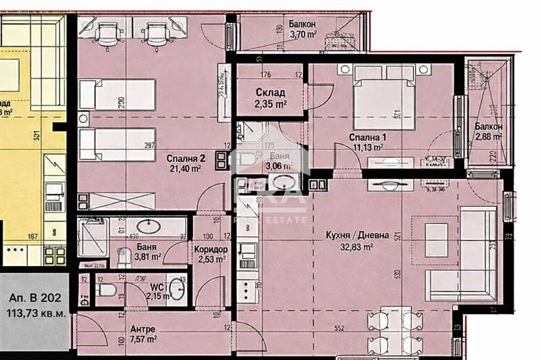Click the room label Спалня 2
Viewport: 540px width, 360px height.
(x=186, y=158)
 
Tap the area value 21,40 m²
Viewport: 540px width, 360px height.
(x=188, y=169)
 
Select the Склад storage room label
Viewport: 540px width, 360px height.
(x=270, y=93)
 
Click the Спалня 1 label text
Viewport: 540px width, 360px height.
(x=367, y=137)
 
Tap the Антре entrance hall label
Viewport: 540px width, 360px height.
(x=143, y=330)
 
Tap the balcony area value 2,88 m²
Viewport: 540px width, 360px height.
(x=488, y=136)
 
